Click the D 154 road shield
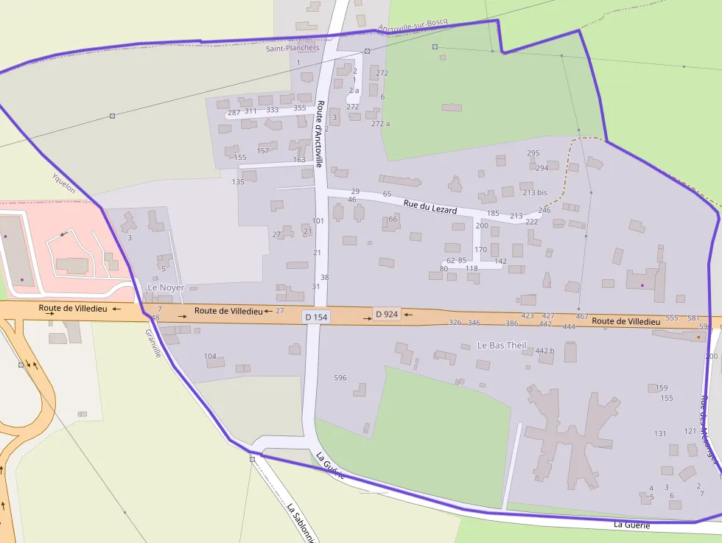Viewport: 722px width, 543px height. (x=315, y=317)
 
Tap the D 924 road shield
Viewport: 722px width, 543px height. (x=386, y=315)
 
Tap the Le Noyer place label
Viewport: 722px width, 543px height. (x=166, y=287)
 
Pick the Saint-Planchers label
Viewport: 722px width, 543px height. (x=292, y=49)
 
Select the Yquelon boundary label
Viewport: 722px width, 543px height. (x=63, y=183)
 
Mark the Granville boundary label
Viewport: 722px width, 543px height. (x=153, y=343)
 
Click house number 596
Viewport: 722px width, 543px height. (x=340, y=378)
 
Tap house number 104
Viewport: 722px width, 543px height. (x=210, y=357)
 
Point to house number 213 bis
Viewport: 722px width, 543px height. (x=535, y=192)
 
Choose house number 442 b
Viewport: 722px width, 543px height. (x=544, y=351)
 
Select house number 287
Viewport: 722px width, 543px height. (x=234, y=112)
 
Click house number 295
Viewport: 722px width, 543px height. (x=533, y=153)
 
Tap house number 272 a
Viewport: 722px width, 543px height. (x=380, y=123)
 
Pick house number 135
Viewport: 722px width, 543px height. (x=238, y=181)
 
